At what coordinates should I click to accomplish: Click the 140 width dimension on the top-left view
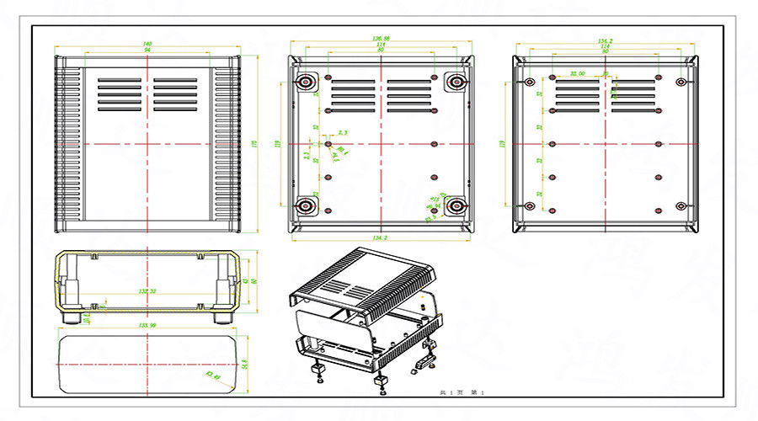click(147, 43)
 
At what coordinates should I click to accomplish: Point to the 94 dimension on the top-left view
click(147, 51)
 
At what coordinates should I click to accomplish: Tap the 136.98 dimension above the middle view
click(381, 39)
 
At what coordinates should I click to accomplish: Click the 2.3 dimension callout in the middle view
click(342, 133)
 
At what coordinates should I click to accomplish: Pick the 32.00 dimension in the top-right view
click(578, 72)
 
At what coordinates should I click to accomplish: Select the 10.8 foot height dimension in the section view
click(88, 317)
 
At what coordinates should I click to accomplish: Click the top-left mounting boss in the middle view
click(304, 82)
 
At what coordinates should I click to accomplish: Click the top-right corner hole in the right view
click(681, 83)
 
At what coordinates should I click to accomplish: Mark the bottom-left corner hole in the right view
click(529, 206)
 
